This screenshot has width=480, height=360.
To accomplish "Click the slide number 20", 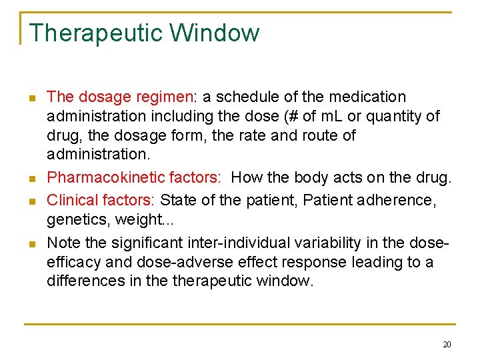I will (x=446, y=344).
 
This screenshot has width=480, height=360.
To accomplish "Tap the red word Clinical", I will (x=73, y=200).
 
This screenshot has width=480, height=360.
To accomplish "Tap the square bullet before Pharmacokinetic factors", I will (x=31, y=179).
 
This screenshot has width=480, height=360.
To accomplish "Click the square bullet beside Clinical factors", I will (x=31, y=201).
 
